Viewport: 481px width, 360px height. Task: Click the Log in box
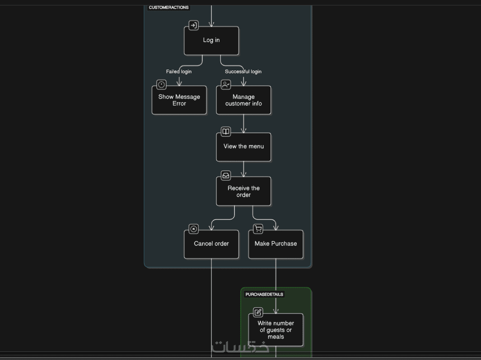211,41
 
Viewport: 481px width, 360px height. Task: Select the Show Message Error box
179,100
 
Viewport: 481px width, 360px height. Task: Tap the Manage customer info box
243,100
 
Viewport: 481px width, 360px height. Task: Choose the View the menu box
243,147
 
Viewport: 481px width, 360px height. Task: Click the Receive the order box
243,192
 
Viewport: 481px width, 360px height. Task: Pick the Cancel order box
211,244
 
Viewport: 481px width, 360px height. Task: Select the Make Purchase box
276,244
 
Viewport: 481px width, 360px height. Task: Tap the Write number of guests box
276,330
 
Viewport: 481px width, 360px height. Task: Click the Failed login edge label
179,71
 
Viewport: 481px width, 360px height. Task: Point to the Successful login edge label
243,71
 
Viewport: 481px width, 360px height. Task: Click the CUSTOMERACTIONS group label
168,7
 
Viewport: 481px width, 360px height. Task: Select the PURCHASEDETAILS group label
264,295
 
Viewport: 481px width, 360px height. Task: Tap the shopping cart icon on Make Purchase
258,229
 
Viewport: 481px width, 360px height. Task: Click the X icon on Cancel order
194,229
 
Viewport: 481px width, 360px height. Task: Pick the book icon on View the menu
226,131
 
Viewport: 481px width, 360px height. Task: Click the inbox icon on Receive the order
226,175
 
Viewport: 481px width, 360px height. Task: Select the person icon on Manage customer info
226,84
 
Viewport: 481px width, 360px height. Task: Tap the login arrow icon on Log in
193,25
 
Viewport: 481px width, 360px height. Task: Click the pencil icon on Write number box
258,312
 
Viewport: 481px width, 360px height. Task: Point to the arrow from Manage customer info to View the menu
243,123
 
